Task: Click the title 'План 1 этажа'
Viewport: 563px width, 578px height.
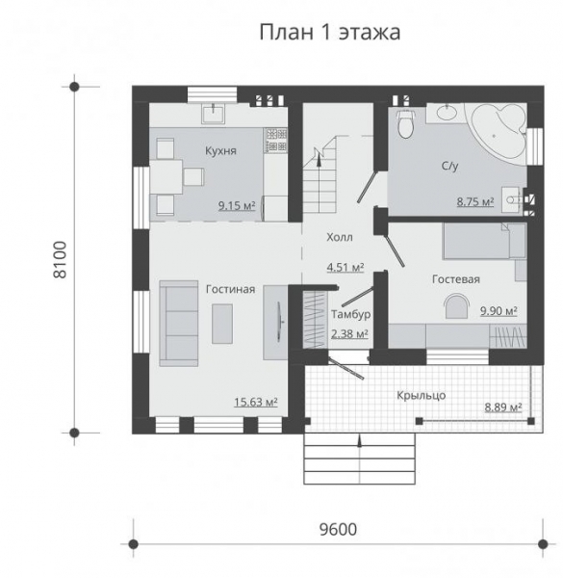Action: point(329,33)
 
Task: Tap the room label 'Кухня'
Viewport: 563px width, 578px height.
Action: point(220,151)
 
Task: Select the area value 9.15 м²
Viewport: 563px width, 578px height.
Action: point(236,205)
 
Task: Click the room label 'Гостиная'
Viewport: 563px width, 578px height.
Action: point(229,288)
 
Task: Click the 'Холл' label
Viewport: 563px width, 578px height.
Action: point(339,236)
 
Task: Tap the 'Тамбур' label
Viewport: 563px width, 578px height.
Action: point(350,314)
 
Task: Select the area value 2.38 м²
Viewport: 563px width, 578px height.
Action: point(348,333)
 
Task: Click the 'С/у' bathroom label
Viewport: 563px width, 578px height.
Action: point(449,167)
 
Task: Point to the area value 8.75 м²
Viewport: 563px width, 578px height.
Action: point(474,202)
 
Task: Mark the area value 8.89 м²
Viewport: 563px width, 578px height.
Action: point(502,407)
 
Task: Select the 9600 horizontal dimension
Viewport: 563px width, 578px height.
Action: point(336,528)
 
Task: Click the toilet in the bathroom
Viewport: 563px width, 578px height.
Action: point(405,124)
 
